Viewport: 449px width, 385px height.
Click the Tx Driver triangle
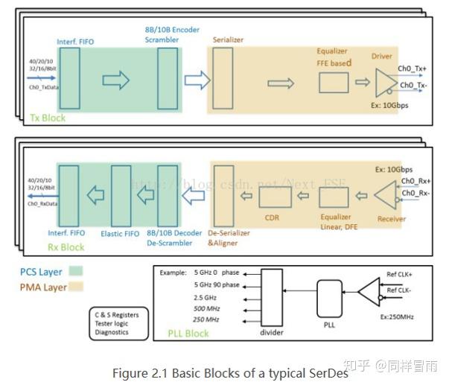[x=384, y=80]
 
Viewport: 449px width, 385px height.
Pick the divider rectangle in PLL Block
[x=272, y=296]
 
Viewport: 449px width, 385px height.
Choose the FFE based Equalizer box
[x=333, y=83]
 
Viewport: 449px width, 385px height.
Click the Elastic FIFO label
[x=120, y=233]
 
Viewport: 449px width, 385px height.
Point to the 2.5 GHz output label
[x=206, y=296]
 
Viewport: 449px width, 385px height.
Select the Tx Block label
[x=47, y=118]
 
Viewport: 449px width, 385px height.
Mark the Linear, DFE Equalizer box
[x=334, y=197]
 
